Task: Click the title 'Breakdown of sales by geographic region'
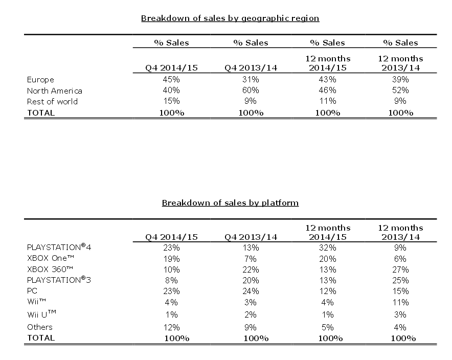pyautogui.click(x=230, y=18)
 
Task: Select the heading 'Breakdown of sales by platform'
pyautogui.click(x=230, y=203)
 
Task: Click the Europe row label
pyautogui.click(x=40, y=80)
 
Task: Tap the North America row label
pyautogui.click(x=55, y=91)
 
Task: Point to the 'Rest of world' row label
pyautogui.click(x=52, y=101)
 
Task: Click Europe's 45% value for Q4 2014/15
pyautogui.click(x=171, y=79)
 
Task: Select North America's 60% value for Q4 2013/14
pyautogui.click(x=251, y=90)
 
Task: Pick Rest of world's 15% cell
pyautogui.click(x=171, y=101)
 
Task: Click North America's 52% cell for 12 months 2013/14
pyautogui.click(x=400, y=90)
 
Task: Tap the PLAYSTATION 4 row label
pyautogui.click(x=59, y=247)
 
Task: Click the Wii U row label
pyautogui.click(x=41, y=314)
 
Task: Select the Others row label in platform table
pyautogui.click(x=40, y=327)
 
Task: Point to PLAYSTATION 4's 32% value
pyautogui.click(x=327, y=247)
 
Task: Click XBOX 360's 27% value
pyautogui.click(x=400, y=269)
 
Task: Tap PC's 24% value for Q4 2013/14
pyautogui.click(x=251, y=291)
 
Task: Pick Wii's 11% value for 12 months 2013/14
pyautogui.click(x=400, y=302)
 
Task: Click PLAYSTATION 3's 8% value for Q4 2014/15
pyautogui.click(x=171, y=280)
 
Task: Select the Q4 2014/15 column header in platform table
pyautogui.click(x=171, y=237)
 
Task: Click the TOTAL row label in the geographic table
pyautogui.click(x=40, y=112)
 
